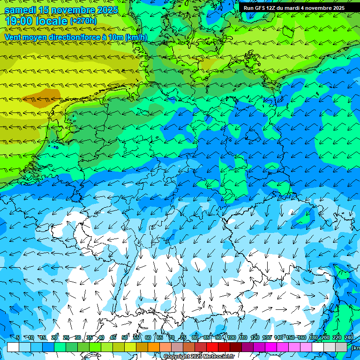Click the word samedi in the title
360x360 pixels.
pos(21,10)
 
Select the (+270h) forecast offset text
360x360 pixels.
pos(83,21)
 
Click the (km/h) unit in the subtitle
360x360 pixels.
pos(136,37)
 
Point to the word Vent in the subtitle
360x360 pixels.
pos(13,37)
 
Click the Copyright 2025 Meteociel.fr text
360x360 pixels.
pos(199,357)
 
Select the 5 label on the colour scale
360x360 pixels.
pos(18,338)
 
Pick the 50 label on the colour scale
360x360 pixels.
pos(125,338)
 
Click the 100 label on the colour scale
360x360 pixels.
pos(232,338)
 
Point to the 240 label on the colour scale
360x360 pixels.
pos(349,338)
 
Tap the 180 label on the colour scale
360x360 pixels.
pos(314,338)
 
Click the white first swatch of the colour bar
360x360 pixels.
pos(13,347)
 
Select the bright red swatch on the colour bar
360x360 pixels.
pos(212,347)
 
